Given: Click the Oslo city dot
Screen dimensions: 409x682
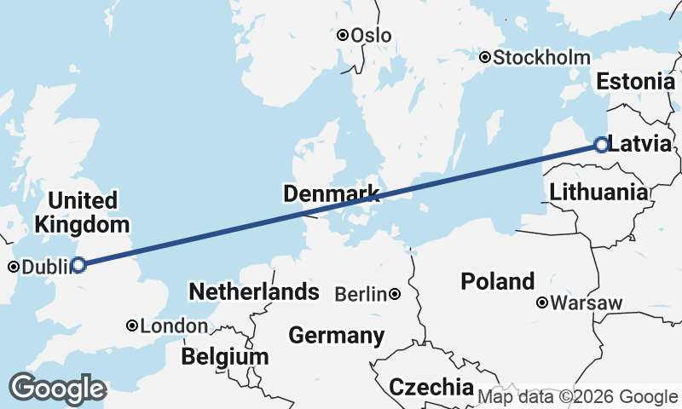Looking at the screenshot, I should pyautogui.click(x=342, y=36).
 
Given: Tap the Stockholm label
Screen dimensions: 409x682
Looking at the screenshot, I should pyautogui.click(x=541, y=58).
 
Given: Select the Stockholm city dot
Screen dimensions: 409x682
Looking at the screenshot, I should pyautogui.click(x=485, y=58).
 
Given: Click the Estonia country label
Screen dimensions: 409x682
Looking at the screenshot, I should pyautogui.click(x=636, y=82).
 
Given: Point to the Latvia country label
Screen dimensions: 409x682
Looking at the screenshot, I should pyautogui.click(x=640, y=145).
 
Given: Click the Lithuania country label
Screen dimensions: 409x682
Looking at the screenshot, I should pyautogui.click(x=598, y=192).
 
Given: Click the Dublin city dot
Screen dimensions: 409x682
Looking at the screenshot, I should pyautogui.click(x=14, y=267).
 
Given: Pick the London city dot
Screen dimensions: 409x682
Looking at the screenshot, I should pyautogui.click(x=132, y=325).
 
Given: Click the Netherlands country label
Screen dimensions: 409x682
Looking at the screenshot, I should pyautogui.click(x=254, y=291).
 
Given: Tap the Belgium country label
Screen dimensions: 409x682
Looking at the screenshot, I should pyautogui.click(x=226, y=355).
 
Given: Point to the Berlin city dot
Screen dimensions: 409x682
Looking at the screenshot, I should pyautogui.click(x=396, y=295).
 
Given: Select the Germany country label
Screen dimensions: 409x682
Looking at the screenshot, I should pyautogui.click(x=337, y=336).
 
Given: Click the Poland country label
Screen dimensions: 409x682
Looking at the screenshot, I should pyautogui.click(x=498, y=281).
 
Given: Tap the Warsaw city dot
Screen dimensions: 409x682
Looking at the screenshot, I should pyautogui.click(x=542, y=302).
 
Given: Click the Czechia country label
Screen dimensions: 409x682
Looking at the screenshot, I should pyautogui.click(x=431, y=387).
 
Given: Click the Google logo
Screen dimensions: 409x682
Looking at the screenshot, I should pyautogui.click(x=57, y=389).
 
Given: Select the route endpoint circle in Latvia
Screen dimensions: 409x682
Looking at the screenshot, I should pyautogui.click(x=601, y=145).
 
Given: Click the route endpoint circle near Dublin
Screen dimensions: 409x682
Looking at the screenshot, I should pyautogui.click(x=78, y=265).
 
